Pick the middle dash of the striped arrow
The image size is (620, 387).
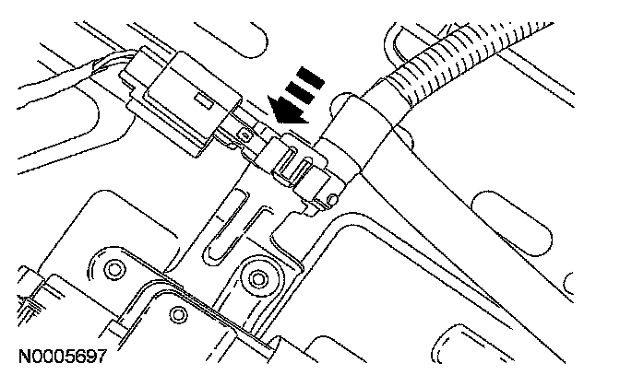300,91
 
